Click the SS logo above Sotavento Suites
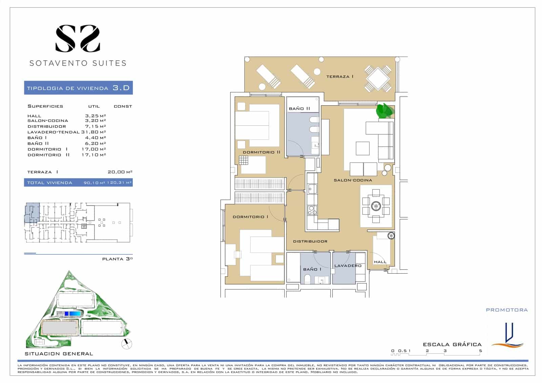click(x=78, y=39)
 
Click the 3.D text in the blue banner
click(x=121, y=88)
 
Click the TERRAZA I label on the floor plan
click(x=340, y=77)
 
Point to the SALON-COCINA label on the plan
click(x=353, y=180)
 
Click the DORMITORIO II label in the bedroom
click(x=261, y=152)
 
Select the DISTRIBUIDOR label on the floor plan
click(x=310, y=241)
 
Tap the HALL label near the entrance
click(x=380, y=262)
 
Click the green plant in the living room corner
click(x=385, y=111)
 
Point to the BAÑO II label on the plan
click(x=299, y=109)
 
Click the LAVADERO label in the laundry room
click(x=348, y=266)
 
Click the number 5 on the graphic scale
click(x=480, y=351)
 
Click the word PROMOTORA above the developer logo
click(x=507, y=310)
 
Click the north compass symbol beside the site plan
click(x=127, y=344)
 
